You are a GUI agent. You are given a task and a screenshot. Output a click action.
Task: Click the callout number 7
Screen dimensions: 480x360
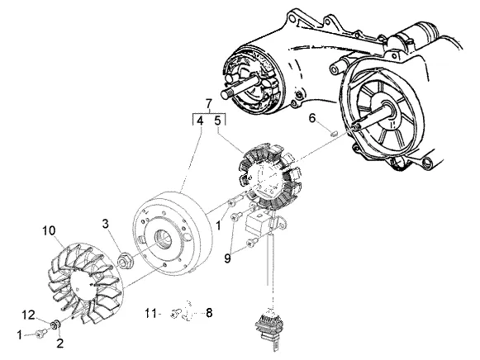point(209,104)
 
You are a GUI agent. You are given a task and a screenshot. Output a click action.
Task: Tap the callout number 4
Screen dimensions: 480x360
point(200,121)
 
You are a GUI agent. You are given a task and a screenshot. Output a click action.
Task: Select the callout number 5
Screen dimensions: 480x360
point(217,121)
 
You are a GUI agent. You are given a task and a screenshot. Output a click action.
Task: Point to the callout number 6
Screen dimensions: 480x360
point(312,118)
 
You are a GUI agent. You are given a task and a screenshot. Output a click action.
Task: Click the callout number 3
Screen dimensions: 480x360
point(105,224)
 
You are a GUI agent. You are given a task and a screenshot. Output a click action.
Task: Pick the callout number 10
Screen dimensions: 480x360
point(49,230)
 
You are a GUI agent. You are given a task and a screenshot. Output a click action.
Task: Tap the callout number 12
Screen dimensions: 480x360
point(28,315)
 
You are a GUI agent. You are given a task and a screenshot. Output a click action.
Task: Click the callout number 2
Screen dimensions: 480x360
point(60,343)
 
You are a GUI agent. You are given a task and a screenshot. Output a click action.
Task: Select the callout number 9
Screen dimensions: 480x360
point(227,258)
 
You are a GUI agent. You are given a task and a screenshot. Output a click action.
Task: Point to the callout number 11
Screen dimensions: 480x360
point(150,313)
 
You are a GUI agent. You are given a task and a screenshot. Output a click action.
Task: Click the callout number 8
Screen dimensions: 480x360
point(209,313)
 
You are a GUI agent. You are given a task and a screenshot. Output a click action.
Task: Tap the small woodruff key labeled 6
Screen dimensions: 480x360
point(335,133)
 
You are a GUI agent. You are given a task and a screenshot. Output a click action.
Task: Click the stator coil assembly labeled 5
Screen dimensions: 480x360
point(269,176)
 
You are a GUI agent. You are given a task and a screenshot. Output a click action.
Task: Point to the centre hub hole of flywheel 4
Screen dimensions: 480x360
point(162,236)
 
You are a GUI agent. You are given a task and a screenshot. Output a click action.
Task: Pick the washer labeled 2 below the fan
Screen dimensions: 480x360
point(55,324)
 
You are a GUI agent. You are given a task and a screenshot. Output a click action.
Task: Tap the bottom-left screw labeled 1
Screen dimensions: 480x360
point(40,334)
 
